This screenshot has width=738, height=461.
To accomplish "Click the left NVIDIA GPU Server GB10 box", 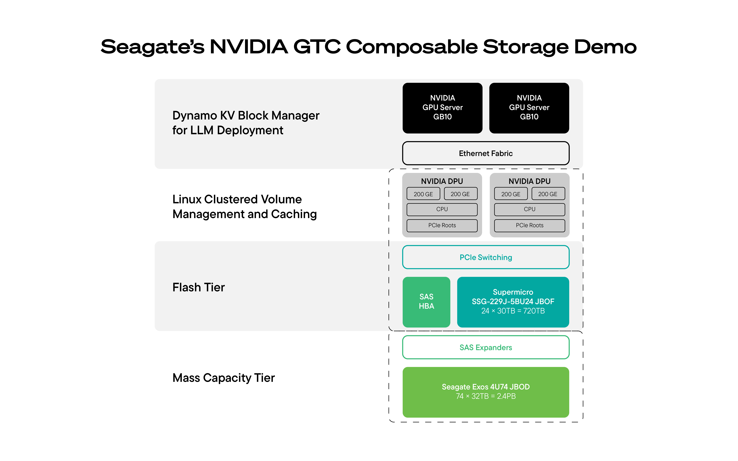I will [x=442, y=108].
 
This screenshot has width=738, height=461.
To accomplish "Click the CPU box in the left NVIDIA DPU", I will [x=442, y=209].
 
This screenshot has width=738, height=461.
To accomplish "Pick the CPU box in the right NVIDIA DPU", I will [x=529, y=209].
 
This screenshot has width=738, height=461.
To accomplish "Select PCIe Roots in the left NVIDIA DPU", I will [x=442, y=225].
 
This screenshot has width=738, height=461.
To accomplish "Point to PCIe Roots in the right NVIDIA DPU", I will [x=529, y=225].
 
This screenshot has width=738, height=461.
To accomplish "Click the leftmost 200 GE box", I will [x=423, y=194].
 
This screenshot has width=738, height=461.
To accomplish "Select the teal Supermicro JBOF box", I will [x=513, y=302].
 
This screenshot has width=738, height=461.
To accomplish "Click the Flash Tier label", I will [x=199, y=287].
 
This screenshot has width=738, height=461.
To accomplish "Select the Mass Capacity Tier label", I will [x=223, y=378].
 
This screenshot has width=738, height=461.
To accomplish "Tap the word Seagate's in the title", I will [x=153, y=47].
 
